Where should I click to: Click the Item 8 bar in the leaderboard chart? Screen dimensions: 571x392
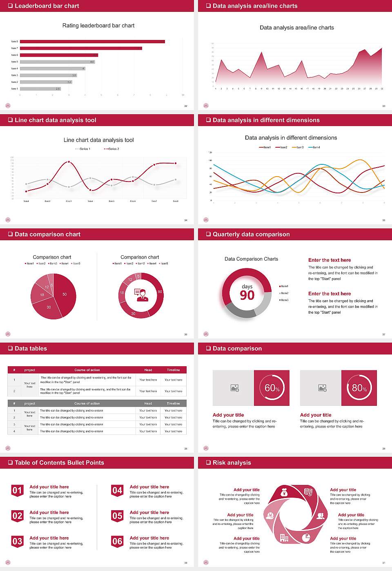coord(92,42)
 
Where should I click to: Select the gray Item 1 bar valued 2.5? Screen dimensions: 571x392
coord(40,89)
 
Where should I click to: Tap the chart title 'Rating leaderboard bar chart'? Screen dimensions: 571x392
coord(98,25)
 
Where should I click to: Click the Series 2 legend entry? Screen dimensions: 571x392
coord(111,149)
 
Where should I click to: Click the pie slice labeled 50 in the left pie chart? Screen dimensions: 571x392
coord(63,294)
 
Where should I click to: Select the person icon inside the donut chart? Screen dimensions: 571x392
coord(141,295)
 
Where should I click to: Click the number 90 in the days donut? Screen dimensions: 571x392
coord(247,295)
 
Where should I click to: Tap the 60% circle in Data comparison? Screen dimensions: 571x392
coord(272,388)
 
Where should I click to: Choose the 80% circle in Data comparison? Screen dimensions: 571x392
coord(359,388)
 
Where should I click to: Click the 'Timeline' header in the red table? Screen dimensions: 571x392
coord(173,370)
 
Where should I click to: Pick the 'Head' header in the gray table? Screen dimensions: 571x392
coord(148,403)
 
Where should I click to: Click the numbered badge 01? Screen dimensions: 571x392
coord(17,490)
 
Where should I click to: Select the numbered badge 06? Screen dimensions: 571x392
coord(117,541)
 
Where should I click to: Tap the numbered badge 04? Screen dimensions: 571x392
coord(117,490)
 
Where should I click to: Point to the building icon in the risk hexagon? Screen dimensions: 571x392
coord(284,538)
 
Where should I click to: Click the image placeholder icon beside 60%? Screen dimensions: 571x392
coord(234,388)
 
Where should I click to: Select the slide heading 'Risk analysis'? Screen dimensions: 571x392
coord(232,463)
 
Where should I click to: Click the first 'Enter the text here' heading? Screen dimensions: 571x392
coord(330,260)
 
